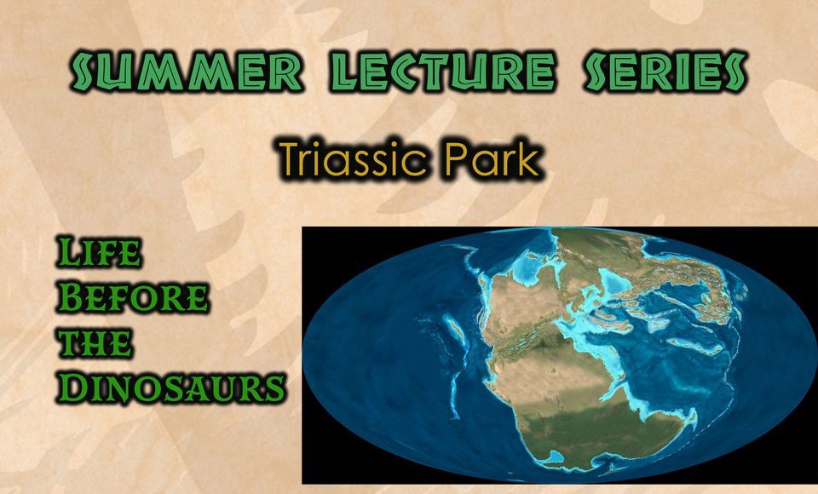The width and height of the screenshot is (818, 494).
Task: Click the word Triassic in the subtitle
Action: [356, 159]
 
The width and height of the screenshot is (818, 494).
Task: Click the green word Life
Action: [99, 254]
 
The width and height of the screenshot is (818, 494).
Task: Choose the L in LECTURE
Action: [339, 72]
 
